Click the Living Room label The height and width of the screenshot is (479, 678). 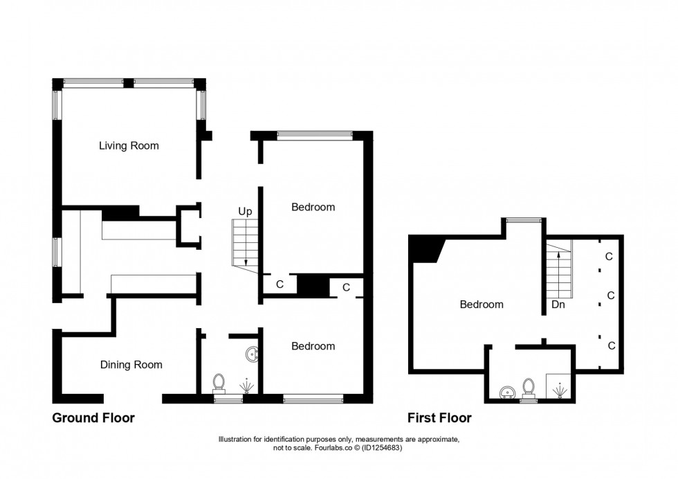(x=129, y=145)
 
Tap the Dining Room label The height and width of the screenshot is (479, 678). (x=131, y=365)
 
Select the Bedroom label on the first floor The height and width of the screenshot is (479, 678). (x=482, y=304)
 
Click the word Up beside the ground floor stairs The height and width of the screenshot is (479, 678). (x=245, y=211)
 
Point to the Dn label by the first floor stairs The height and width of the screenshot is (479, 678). (x=558, y=304)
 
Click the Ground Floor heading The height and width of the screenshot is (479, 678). (x=93, y=418)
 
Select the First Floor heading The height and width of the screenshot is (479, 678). (x=439, y=418)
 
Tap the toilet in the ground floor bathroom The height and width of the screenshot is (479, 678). (x=219, y=383)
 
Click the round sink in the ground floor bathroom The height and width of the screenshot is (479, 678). (x=252, y=355)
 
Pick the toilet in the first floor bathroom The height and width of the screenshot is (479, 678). (x=529, y=386)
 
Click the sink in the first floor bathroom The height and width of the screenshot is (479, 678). (x=508, y=392)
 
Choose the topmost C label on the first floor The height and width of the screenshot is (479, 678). (x=609, y=256)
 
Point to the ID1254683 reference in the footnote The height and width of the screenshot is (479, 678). (x=378, y=448)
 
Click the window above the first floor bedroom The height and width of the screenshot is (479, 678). (x=522, y=220)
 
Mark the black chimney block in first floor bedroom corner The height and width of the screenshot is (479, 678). (x=423, y=248)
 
